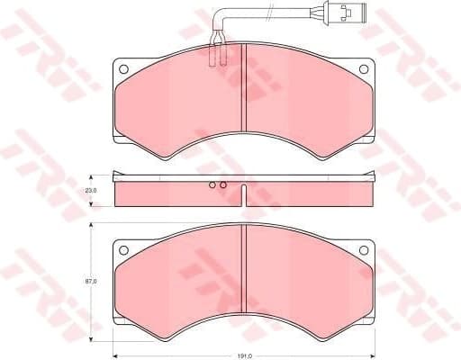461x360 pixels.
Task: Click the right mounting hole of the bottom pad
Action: coord(363,248)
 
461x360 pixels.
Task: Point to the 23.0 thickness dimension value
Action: coord(91,191)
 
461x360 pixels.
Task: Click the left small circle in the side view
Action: coord(213,186)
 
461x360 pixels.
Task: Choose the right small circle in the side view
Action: coord(223,186)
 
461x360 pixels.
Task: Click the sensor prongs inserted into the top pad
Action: coord(216,54)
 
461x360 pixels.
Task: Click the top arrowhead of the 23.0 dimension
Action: coord(93,175)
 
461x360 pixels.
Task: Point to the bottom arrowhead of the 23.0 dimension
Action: coord(93,205)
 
